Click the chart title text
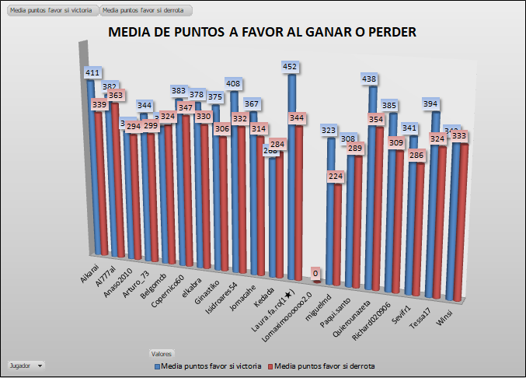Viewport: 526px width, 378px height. coord(263,33)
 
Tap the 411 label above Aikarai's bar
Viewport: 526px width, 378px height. coord(93,72)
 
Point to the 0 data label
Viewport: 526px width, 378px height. coord(316,273)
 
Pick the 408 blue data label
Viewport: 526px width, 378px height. coord(233,83)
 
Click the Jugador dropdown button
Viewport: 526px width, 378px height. coord(25,365)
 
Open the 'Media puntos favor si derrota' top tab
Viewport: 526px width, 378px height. coord(146,11)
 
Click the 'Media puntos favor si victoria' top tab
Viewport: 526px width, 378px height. coord(51,11)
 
